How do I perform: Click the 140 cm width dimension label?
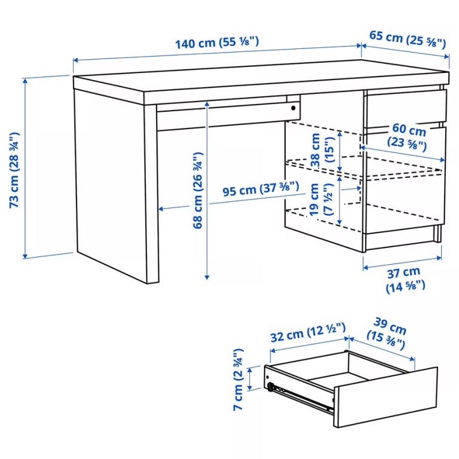[x=216, y=43]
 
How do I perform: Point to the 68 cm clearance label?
[x=198, y=191]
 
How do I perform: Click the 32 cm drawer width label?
[x=308, y=335]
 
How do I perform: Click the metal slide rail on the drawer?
[x=302, y=397]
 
